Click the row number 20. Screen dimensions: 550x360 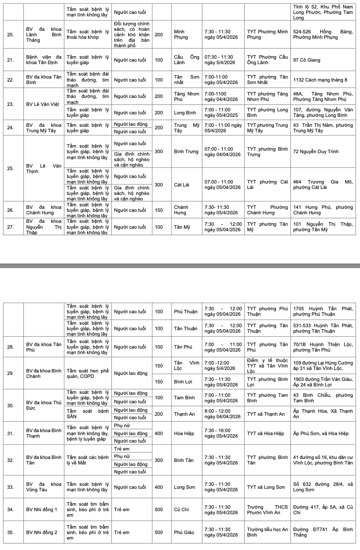pyautogui.click(x=10, y=34)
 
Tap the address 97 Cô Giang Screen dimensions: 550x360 pyautogui.click(x=306, y=60)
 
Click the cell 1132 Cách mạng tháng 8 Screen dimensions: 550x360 pyautogui.click(x=320, y=80)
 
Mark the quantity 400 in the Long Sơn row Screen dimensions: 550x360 pyautogui.click(x=159, y=487)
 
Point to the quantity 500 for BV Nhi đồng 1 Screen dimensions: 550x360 pyautogui.click(x=159, y=510)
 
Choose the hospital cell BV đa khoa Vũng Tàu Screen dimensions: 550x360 pyautogui.click(x=44, y=487)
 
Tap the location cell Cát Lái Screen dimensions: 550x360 pyautogui.click(x=182, y=184)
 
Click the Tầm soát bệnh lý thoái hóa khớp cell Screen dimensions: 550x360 pyautogui.click(x=88, y=34)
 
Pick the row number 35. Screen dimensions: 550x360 pyautogui.click(x=10, y=532)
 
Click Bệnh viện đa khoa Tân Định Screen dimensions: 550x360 pyautogui.click(x=44, y=60)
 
